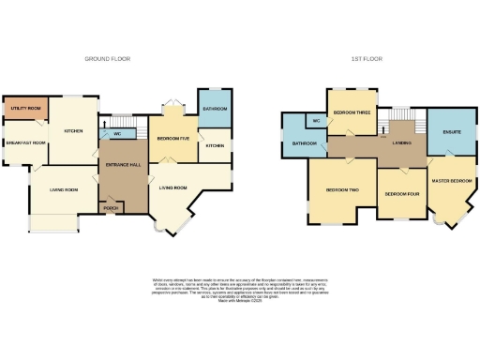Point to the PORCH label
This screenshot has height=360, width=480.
point(110,207)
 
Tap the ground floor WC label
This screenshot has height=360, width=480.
point(117,132)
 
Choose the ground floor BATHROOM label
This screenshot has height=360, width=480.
point(216,110)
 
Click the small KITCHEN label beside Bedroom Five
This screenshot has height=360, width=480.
point(215,145)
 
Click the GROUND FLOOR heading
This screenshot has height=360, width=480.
point(108,58)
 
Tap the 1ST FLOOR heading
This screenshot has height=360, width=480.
point(363,58)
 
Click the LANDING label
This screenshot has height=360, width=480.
point(403,142)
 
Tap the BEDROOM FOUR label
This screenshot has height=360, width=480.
point(401,194)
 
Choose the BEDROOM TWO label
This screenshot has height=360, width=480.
point(342,189)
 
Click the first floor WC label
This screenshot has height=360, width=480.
point(317,121)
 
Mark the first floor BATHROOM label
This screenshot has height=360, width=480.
point(303,143)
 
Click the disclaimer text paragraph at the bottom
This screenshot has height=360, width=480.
point(239,285)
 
